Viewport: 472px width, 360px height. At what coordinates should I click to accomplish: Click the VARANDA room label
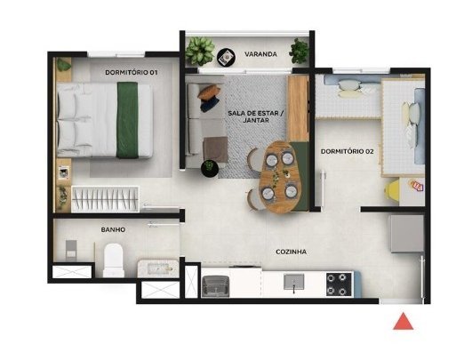tap(260, 54)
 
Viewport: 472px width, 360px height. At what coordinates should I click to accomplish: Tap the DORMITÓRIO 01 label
tap(132, 73)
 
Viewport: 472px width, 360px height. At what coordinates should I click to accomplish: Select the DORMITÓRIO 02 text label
tap(347, 151)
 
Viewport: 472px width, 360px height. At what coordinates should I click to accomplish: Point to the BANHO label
tap(113, 229)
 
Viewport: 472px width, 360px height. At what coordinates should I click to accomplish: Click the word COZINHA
tap(291, 252)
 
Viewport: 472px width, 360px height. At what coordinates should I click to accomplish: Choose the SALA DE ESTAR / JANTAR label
tap(256, 116)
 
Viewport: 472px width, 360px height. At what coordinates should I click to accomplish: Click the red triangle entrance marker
tap(403, 322)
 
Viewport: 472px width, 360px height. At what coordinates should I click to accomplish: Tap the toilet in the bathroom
tap(114, 260)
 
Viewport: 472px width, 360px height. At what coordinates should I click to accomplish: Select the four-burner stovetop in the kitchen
tap(340, 284)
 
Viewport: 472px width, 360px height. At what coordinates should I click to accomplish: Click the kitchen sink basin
tap(294, 282)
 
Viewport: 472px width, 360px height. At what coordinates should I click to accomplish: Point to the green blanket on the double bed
tap(127, 120)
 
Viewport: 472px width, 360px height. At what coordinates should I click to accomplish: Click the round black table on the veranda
tap(226, 57)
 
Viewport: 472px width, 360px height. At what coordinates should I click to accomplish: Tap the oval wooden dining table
tap(280, 177)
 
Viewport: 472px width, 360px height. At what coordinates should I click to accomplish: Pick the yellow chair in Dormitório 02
tap(391, 189)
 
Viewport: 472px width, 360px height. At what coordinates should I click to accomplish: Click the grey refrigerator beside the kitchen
tap(406, 234)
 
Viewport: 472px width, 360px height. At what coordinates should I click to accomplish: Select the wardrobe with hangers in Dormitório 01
tap(105, 199)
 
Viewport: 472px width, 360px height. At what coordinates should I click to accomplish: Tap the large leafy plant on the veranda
tap(200, 51)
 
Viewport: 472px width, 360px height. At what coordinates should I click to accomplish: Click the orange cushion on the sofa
tap(209, 92)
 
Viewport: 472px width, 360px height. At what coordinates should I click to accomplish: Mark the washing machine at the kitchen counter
tap(215, 286)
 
